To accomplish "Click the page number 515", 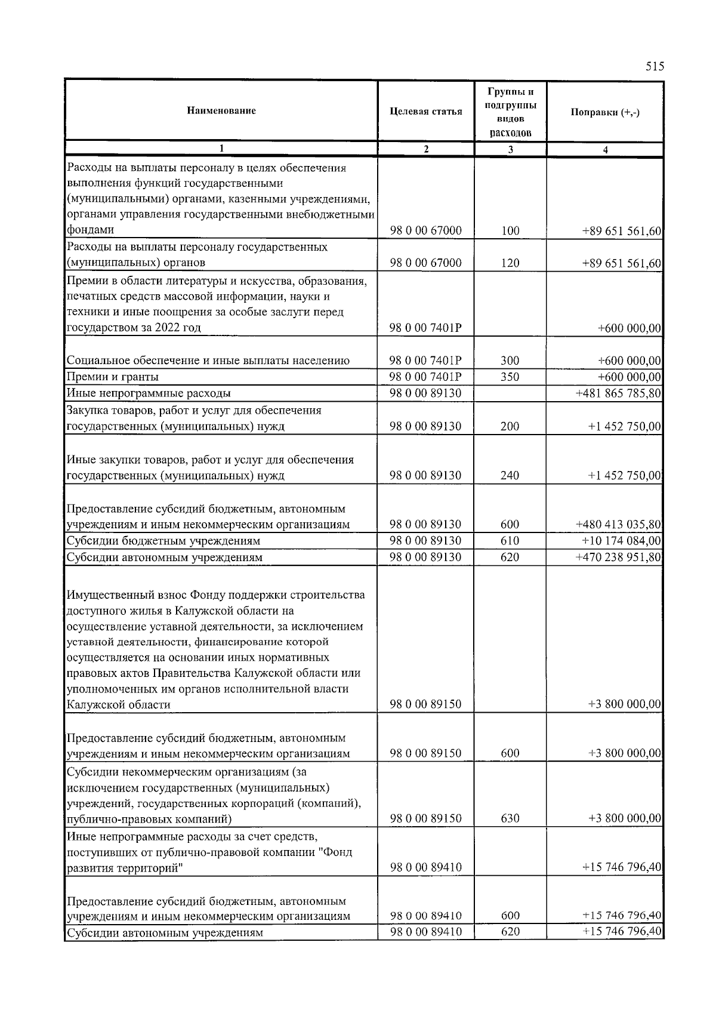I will [655, 66].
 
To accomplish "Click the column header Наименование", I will [221, 111].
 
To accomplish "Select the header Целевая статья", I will [425, 112].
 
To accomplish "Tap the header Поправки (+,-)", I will [605, 113].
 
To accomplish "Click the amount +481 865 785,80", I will [618, 393].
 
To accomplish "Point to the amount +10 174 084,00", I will [621, 541].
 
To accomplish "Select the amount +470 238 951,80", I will [618, 558].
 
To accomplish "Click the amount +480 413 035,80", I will [618, 525].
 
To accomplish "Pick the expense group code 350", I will [510, 377].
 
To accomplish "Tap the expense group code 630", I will [510, 818].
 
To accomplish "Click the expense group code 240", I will [510, 476].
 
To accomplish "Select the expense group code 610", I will [510, 541].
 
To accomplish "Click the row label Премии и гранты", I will [113, 377].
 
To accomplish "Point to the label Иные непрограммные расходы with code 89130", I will [149, 393].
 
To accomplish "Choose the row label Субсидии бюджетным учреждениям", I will [163, 541].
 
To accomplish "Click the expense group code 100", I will [510, 231].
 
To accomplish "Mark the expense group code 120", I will [510, 263].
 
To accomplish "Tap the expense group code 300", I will [510, 361].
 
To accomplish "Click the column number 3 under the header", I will [510, 150].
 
